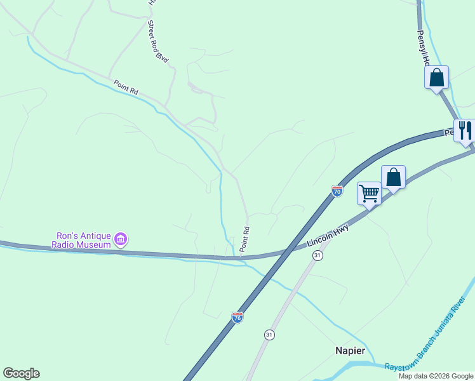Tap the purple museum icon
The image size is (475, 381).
121,239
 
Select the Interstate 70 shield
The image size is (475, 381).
337,190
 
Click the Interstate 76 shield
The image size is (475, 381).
237,317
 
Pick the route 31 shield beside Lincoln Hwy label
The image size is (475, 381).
318,255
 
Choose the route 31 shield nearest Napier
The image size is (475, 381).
269,335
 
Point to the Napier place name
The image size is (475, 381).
350,351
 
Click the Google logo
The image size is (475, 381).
21,373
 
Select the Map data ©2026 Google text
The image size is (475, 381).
436,376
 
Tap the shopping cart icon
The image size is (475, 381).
369,193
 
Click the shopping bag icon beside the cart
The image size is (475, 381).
393,177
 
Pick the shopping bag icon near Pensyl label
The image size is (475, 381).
436,77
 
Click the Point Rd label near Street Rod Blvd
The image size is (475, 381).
126,87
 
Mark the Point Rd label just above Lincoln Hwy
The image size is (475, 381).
244,237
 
